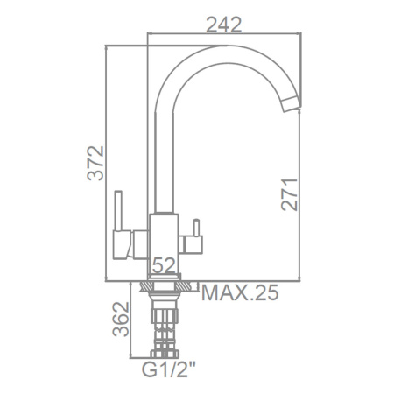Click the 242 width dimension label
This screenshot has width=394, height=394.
click(224, 25)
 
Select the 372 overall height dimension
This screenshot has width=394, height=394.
click(95, 163)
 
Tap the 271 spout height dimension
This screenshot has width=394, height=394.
click(289, 194)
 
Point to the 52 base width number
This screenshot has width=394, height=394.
click(164, 265)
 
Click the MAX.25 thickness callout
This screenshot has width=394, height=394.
click(240, 292)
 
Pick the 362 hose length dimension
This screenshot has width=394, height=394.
click(121, 319)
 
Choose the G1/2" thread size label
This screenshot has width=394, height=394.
click(169, 369)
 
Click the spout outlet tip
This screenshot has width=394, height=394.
click(292, 105)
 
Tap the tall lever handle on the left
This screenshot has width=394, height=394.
click(118, 210)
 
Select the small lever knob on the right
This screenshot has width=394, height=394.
click(196, 228)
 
